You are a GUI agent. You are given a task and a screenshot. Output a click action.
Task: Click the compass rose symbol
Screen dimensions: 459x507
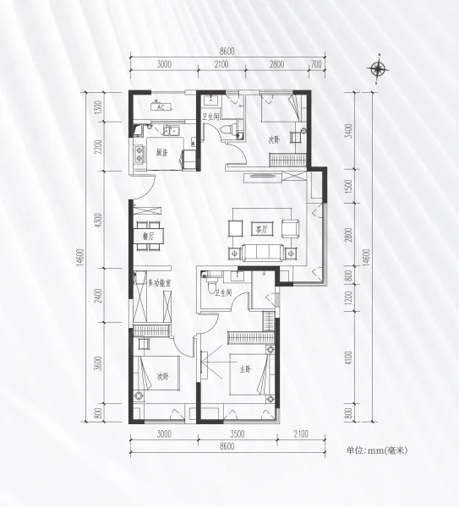378,68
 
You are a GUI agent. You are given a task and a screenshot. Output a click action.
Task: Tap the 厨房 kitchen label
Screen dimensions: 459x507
162,153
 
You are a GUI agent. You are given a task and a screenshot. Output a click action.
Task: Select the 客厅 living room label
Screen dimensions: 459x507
262,230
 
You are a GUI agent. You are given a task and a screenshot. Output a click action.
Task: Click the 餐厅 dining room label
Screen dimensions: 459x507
149,237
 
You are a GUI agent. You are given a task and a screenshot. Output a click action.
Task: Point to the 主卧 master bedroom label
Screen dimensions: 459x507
246,369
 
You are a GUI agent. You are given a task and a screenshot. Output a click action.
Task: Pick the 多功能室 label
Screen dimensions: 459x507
159,284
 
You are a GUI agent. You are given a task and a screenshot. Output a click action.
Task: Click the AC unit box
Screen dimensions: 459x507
161,107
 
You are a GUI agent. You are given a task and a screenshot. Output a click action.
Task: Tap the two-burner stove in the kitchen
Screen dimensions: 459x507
139,155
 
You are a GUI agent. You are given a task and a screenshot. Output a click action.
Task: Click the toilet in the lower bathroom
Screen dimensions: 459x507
212,286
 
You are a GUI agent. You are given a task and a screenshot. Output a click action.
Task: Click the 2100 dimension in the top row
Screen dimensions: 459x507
221,64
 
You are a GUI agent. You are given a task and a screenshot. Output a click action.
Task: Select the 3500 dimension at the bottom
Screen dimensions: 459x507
237,434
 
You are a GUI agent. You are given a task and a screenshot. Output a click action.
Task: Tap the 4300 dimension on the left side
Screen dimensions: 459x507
99,220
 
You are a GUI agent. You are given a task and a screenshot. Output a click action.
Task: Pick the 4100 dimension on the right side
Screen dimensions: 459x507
348,358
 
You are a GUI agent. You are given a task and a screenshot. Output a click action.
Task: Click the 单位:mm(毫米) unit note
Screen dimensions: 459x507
376,450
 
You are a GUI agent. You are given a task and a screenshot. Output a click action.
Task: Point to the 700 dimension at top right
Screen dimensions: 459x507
316,64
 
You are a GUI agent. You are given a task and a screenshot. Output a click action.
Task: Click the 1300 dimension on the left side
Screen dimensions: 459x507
99,106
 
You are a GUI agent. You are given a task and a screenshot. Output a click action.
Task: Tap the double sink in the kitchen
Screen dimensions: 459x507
172,131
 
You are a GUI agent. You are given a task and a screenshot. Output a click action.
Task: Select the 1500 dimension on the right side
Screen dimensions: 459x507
348,186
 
